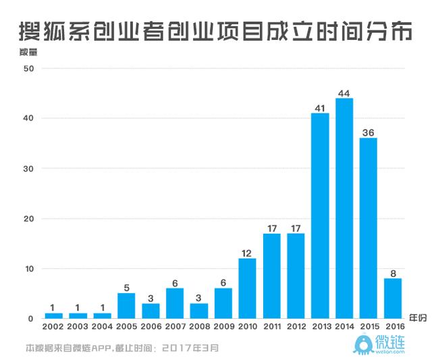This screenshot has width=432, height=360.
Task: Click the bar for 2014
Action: click(x=344, y=208)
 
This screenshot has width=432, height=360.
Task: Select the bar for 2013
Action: click(x=320, y=215)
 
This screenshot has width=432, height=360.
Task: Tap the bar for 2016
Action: click(x=393, y=298)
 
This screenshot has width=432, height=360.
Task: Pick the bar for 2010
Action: click(x=247, y=288)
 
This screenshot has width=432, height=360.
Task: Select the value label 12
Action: click(x=247, y=253)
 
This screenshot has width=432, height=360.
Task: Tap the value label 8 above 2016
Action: click(x=393, y=273)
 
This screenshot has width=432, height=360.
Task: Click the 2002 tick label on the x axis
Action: click(x=53, y=328)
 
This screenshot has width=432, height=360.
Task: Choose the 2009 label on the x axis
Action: click(x=223, y=328)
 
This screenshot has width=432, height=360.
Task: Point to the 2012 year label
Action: click(x=296, y=328)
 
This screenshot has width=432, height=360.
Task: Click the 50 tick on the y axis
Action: click(x=29, y=68)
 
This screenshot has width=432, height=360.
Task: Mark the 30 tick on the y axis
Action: click(x=29, y=168)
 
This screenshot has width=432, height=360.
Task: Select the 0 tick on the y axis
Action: click(x=32, y=319)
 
